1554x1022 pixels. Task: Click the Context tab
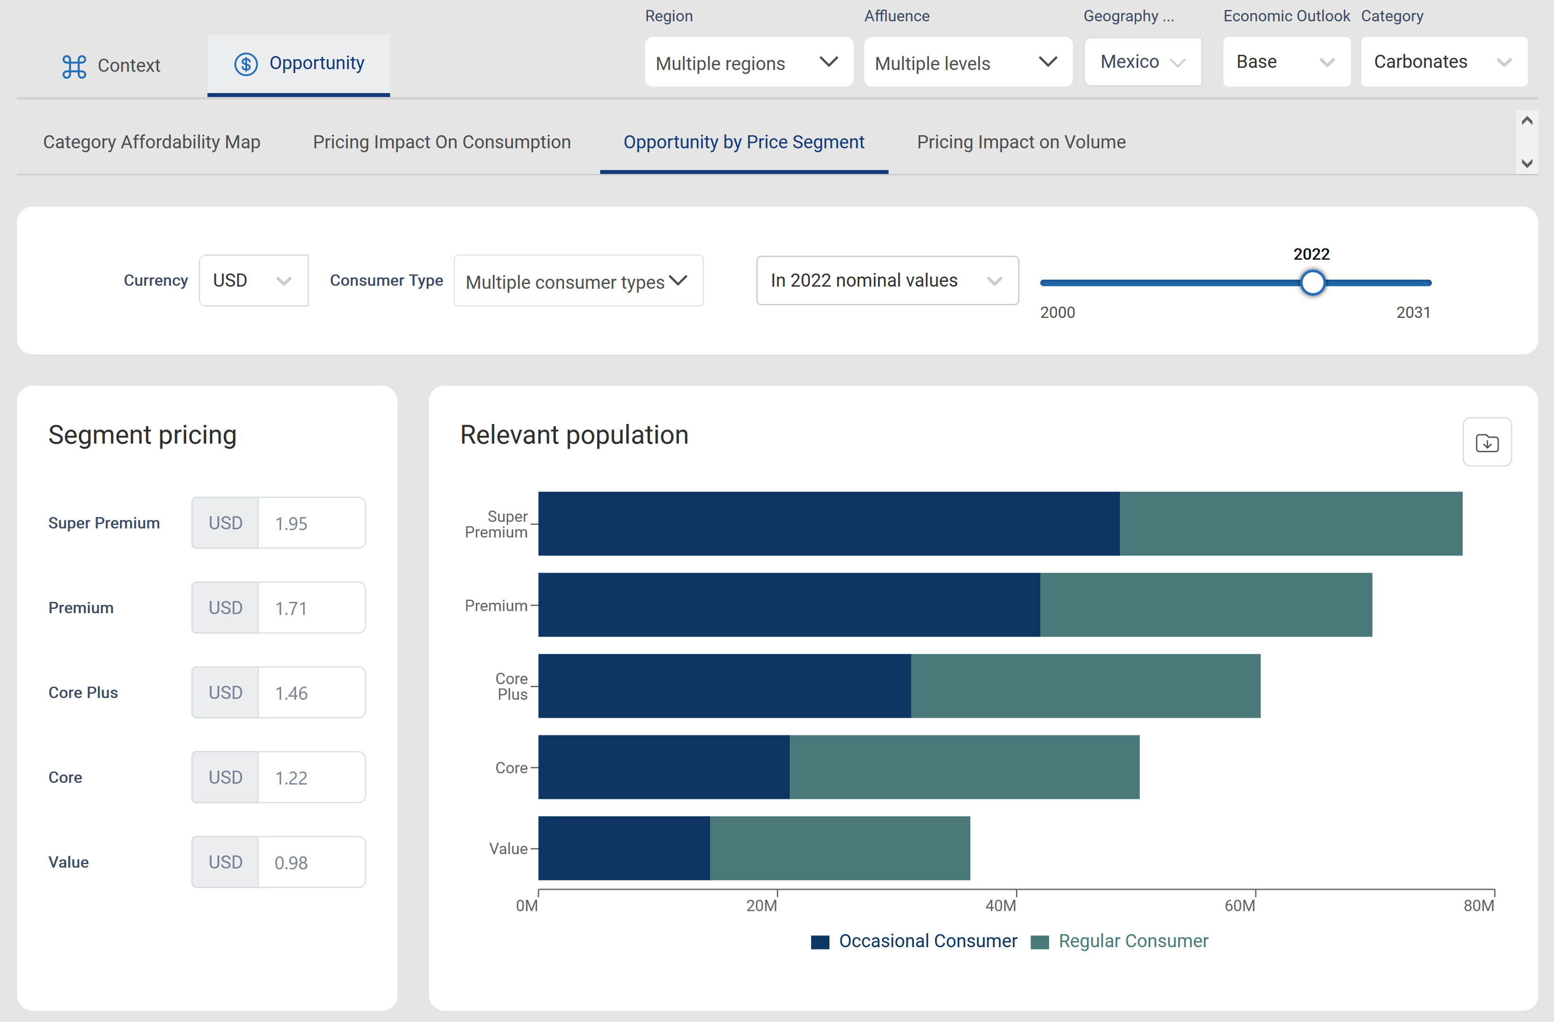pyautogui.click(x=111, y=65)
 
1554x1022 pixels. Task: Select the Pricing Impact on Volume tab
pyautogui.click(x=1021, y=142)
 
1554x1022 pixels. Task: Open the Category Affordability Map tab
pyautogui.click(x=151, y=142)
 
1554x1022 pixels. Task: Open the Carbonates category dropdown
pyautogui.click(x=1443, y=62)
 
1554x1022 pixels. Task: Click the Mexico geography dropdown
pyautogui.click(x=1142, y=62)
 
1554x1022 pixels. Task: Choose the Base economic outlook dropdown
pyautogui.click(x=1285, y=62)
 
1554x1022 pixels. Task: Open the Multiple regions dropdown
pyautogui.click(x=748, y=62)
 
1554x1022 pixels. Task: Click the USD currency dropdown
pyautogui.click(x=253, y=281)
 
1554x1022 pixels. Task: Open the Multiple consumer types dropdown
pyautogui.click(x=578, y=282)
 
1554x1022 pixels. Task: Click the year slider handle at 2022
pyautogui.click(x=1312, y=283)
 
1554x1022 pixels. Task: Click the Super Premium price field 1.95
pyautogui.click(x=311, y=523)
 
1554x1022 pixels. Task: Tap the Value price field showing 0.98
pyautogui.click(x=311, y=862)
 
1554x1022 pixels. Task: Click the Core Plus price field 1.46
pyautogui.click(x=311, y=693)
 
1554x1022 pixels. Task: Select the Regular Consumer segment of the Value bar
pyautogui.click(x=839, y=847)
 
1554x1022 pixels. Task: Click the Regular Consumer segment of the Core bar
pyautogui.click(x=964, y=766)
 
